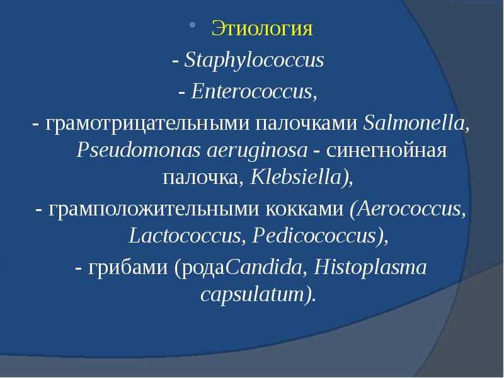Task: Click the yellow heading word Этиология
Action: pyautogui.click(x=261, y=28)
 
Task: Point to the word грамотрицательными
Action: pyautogui.click(x=147, y=124)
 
